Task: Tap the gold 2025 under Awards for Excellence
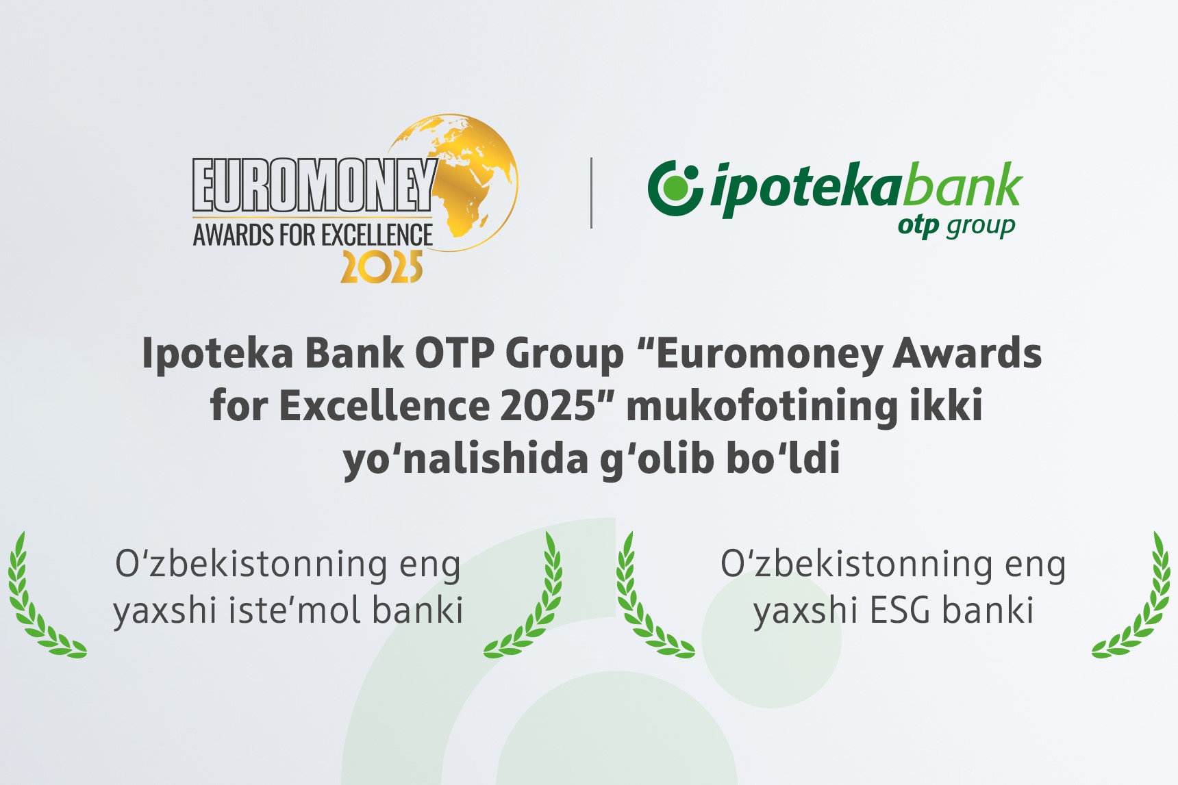381,268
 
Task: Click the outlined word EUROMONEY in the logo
314,185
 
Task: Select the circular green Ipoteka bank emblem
675,188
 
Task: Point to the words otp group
956,226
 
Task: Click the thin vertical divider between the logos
591,192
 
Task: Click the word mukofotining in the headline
761,405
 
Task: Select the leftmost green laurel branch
41,602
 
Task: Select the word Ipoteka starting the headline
218,355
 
